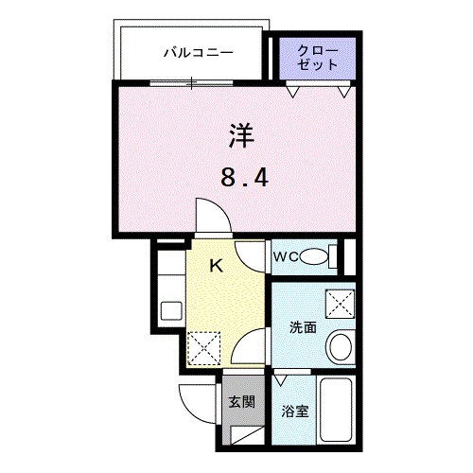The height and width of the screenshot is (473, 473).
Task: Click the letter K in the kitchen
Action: (x=216, y=266)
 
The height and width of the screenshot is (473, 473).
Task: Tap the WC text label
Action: (x=287, y=256)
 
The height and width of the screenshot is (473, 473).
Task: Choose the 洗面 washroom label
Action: (x=303, y=327)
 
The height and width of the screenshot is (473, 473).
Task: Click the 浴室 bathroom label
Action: (x=296, y=411)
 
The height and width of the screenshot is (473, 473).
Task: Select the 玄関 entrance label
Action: (x=241, y=401)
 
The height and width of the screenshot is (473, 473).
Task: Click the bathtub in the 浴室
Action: (x=336, y=412)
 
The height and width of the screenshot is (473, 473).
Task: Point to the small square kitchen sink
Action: (x=172, y=310)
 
